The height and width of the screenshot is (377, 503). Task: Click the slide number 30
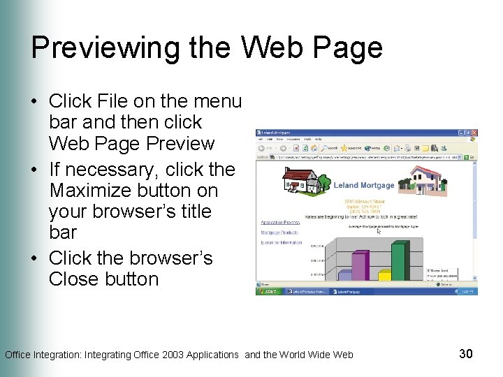[466, 354]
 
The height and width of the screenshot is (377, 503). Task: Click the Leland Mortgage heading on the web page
[363, 185]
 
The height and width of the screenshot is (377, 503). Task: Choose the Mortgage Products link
[279, 232]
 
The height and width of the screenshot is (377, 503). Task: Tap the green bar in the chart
[399, 261]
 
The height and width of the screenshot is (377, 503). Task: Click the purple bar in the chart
[359, 266]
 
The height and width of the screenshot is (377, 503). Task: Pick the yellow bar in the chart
[384, 276]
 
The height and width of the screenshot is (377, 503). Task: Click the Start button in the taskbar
[269, 292]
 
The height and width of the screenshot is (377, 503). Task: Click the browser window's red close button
[474, 133]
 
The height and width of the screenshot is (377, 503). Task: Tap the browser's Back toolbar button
[263, 148]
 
